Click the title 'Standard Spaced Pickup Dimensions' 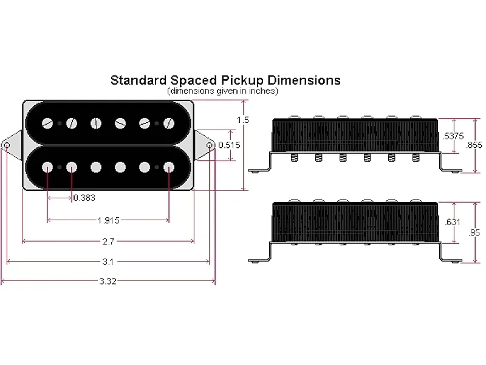tap(225, 80)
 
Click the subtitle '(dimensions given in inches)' tap(222, 91)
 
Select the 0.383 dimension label tap(84, 198)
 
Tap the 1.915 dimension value tap(108, 220)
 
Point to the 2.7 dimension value tap(108, 242)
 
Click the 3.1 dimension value tap(108, 262)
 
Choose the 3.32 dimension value tap(108, 282)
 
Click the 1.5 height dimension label tap(243, 120)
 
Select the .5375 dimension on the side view tap(454, 136)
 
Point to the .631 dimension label tap(453, 222)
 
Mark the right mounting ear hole tap(210, 146)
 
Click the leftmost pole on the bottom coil tap(48, 167)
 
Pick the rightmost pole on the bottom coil tap(168, 167)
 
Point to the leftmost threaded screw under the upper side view tap(295, 158)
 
